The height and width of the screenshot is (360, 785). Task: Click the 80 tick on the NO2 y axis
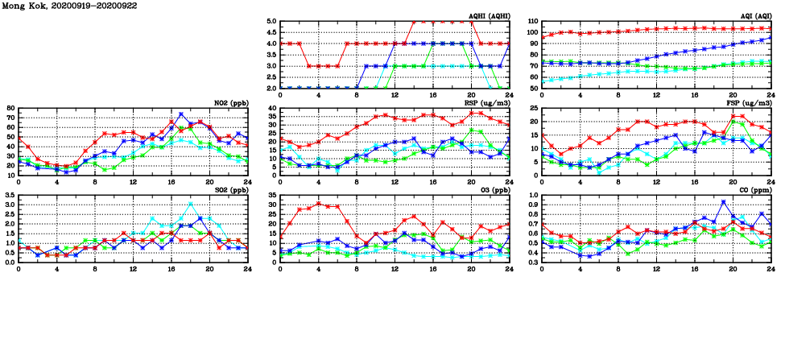point(10,108)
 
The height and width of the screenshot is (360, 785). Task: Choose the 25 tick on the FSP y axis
point(533,108)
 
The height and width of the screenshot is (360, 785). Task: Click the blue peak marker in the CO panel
point(723,202)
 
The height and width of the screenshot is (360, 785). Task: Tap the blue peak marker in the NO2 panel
point(181,114)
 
